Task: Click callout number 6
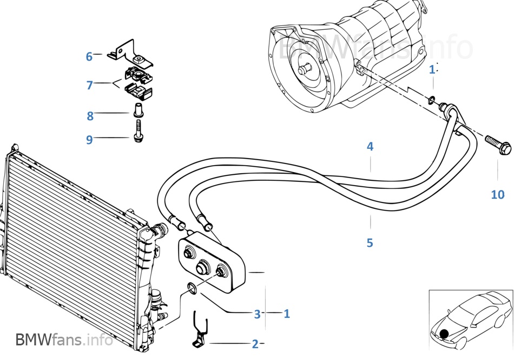pyautogui.click(x=89, y=56)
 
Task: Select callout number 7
pyautogui.click(x=90, y=85)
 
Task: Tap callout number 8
pyautogui.click(x=90, y=115)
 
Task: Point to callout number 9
pyautogui.click(x=89, y=140)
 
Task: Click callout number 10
pyautogui.click(x=497, y=194)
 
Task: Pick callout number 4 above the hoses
pyautogui.click(x=370, y=146)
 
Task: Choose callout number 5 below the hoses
pyautogui.click(x=370, y=243)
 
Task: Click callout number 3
pyautogui.click(x=258, y=313)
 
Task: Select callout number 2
pyautogui.click(x=255, y=344)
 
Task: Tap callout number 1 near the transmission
pyautogui.click(x=432, y=69)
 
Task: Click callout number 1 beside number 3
pyautogui.click(x=287, y=313)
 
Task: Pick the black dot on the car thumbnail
pyautogui.click(x=444, y=335)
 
